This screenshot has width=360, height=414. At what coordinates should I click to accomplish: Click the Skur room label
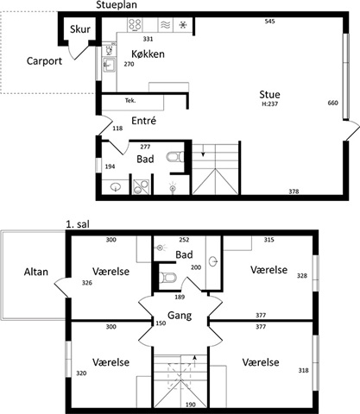tap(80, 29)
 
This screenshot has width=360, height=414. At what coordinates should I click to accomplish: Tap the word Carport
tap(44, 61)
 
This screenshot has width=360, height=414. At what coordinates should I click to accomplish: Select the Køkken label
tap(148, 54)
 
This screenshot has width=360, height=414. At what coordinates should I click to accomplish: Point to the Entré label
tap(143, 121)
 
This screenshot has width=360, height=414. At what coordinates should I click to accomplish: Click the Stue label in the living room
tap(269, 95)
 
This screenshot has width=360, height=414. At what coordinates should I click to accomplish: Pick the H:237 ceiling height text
tap(269, 104)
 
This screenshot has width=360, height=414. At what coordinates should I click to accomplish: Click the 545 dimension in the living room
tap(269, 22)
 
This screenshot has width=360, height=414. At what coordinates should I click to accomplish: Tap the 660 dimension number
tap(332, 103)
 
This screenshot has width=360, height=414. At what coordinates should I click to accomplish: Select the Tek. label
tap(130, 101)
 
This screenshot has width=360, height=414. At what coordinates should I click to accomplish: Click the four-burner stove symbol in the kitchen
tap(135, 25)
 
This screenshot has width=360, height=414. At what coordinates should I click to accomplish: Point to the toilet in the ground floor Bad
tap(175, 157)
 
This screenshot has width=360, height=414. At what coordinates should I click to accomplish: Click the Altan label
tap(36, 272)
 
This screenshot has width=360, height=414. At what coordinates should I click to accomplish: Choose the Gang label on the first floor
tap(180, 316)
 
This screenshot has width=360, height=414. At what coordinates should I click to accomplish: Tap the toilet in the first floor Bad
tap(167, 278)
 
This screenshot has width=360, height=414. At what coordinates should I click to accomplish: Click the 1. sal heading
tap(78, 224)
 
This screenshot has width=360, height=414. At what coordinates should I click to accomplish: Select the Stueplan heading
tap(117, 5)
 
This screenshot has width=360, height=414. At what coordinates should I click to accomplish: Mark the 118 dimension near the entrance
tap(117, 129)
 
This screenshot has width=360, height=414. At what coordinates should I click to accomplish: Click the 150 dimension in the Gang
tap(161, 323)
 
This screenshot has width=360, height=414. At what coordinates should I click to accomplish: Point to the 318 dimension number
tap(303, 371)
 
